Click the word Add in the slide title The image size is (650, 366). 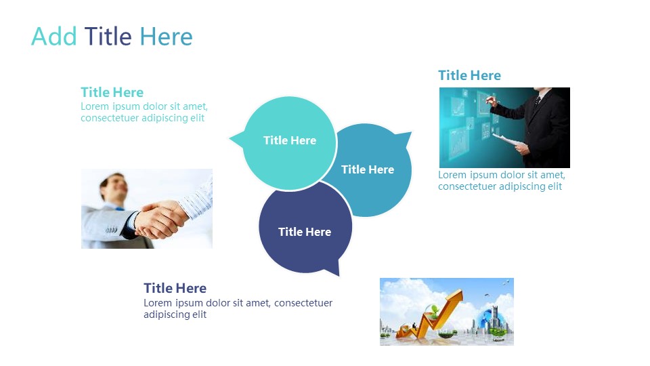pyautogui.click(x=54, y=37)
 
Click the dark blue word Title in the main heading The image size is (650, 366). pyautogui.click(x=108, y=36)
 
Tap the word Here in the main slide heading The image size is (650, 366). pyautogui.click(x=166, y=37)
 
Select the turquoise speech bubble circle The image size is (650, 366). pyautogui.click(x=290, y=144)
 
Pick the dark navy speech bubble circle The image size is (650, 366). pyautogui.click(x=305, y=228)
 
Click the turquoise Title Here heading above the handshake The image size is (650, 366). pyautogui.click(x=112, y=92)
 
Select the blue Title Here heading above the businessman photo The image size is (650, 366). pyautogui.click(x=470, y=75)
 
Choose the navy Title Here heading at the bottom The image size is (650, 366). pyautogui.click(x=175, y=288)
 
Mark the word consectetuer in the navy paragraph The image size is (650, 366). pyautogui.click(x=303, y=303)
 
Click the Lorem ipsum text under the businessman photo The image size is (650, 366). pyautogui.click(x=502, y=180)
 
